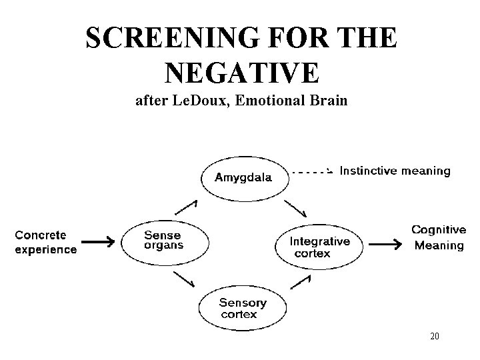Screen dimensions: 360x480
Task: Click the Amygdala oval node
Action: pyautogui.click(x=244, y=177)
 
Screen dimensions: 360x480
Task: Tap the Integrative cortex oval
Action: pyautogui.click(x=320, y=245)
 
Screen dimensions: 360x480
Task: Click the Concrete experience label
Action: pyautogui.click(x=45, y=242)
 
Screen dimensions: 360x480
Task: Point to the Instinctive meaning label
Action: pyautogui.click(x=395, y=171)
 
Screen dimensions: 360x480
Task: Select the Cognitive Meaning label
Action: pyautogui.click(x=439, y=237)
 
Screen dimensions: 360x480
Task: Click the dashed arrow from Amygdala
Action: pyautogui.click(x=311, y=171)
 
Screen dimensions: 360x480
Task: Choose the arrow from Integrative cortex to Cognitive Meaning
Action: pyautogui.click(x=385, y=245)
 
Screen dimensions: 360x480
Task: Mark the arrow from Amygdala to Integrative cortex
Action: pyautogui.click(x=295, y=208)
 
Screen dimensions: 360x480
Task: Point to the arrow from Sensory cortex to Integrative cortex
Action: pyautogui.click(x=300, y=281)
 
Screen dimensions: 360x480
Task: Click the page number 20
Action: pyautogui.click(x=434, y=337)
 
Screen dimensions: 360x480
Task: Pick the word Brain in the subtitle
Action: pyautogui.click(x=328, y=101)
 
